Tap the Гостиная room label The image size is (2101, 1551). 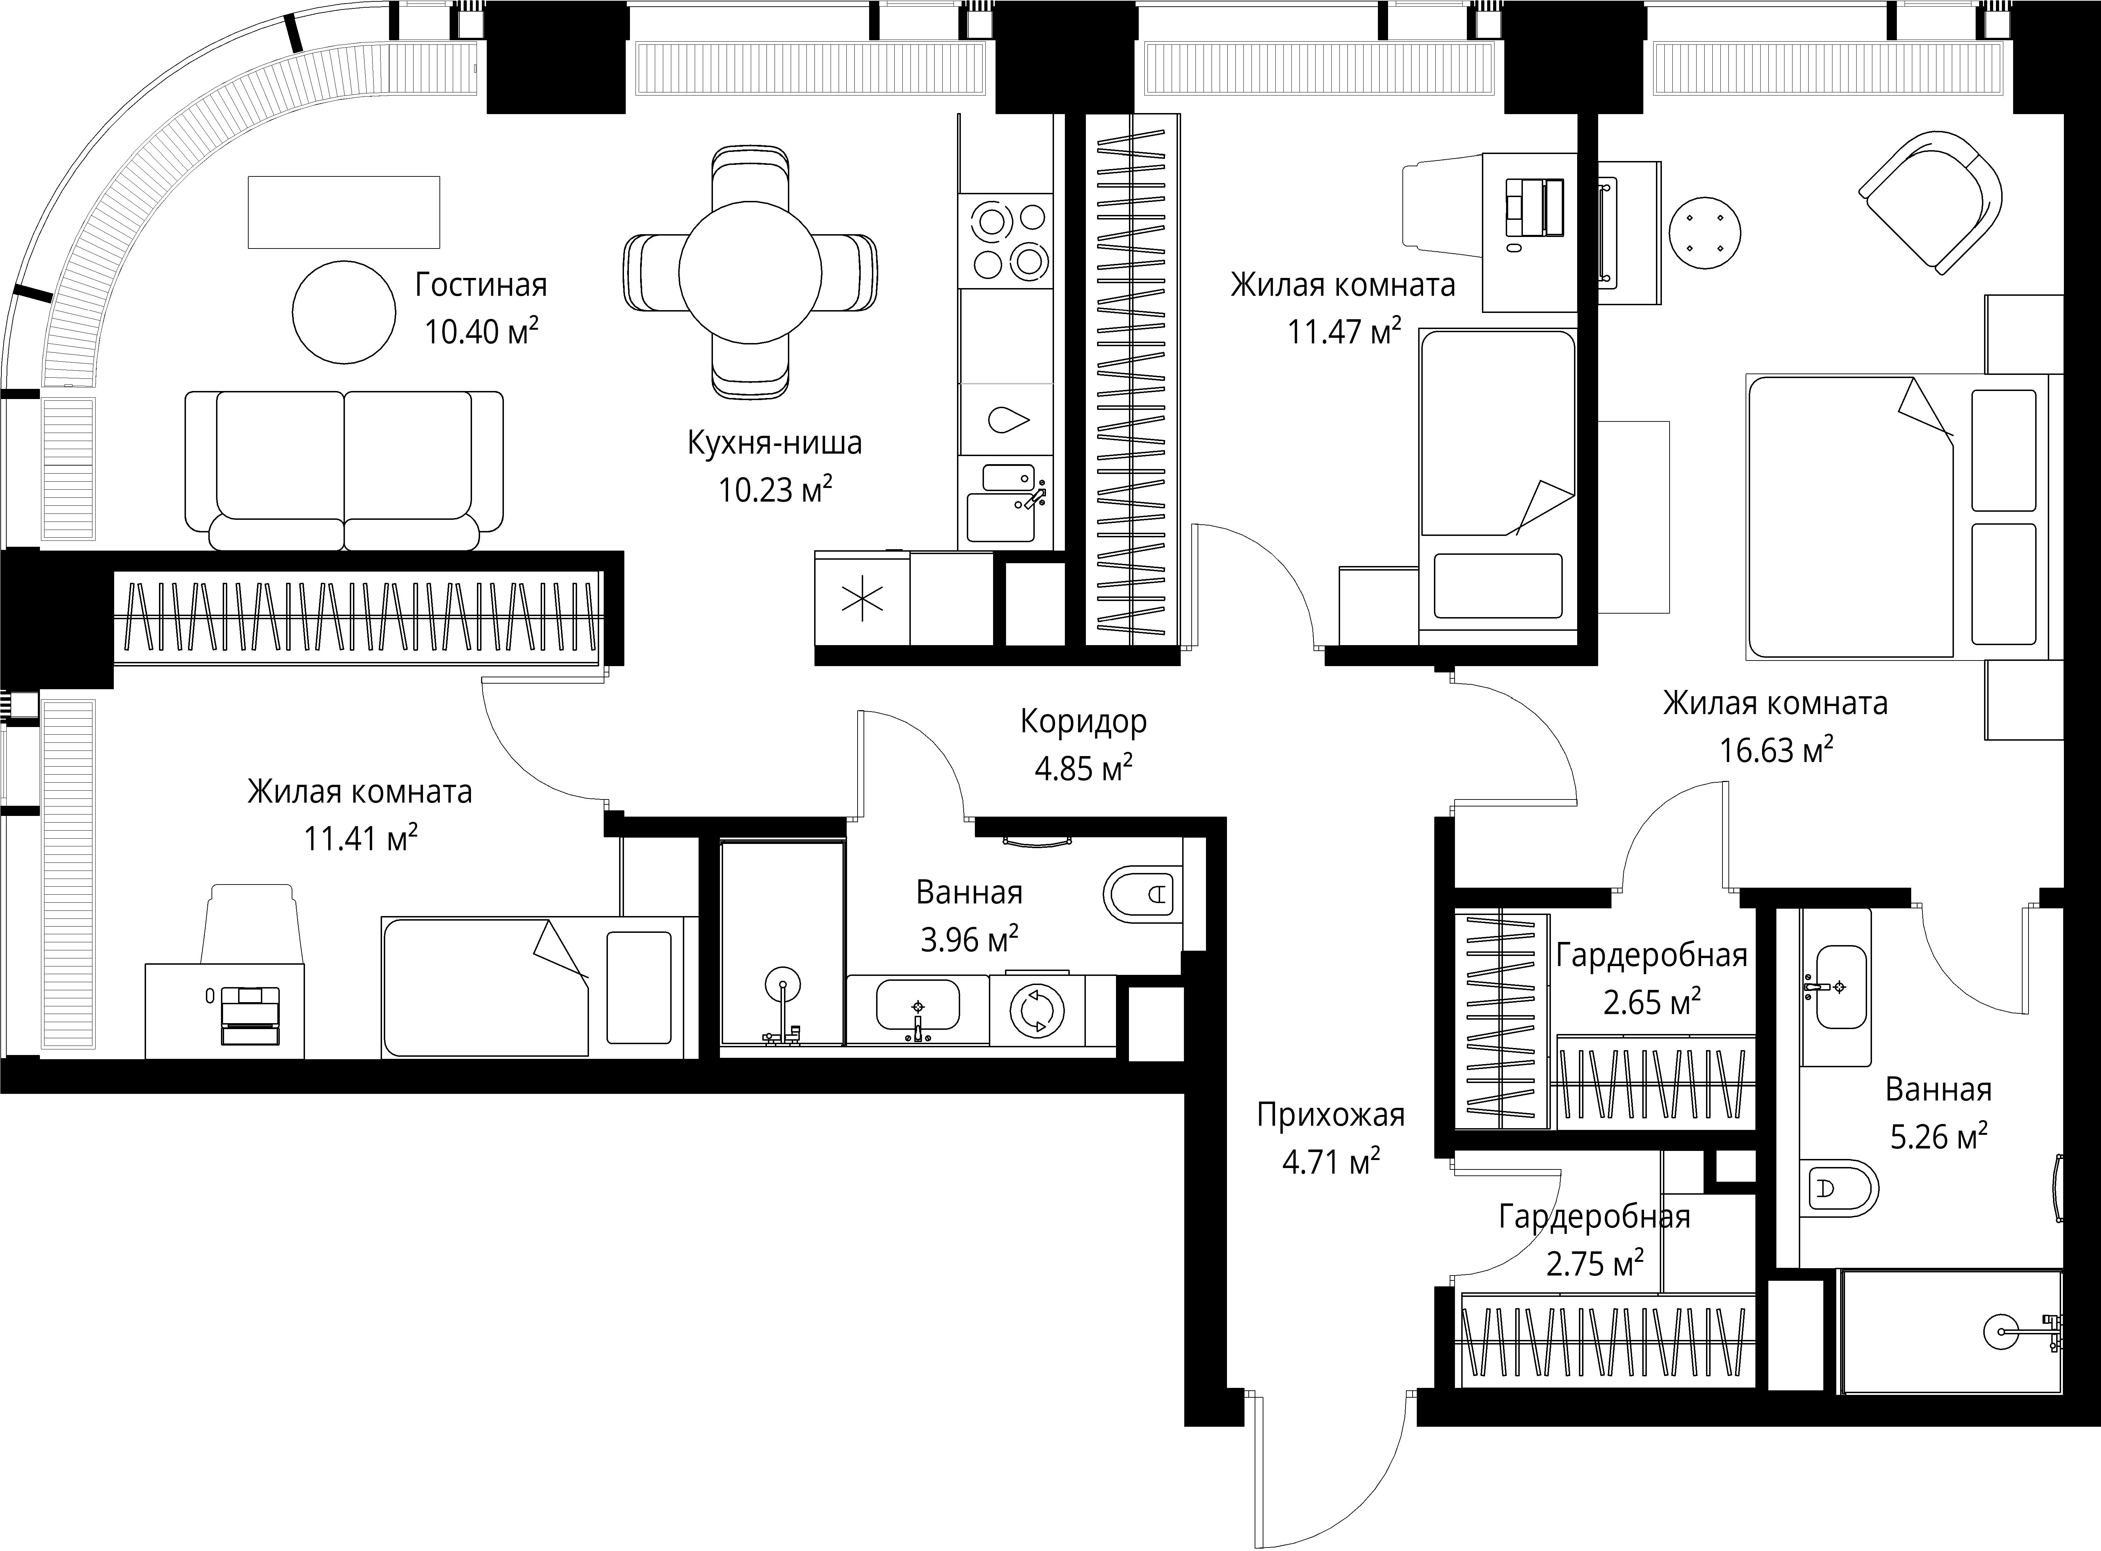pyautogui.click(x=481, y=285)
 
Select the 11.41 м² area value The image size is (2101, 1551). pyautogui.click(x=361, y=838)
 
